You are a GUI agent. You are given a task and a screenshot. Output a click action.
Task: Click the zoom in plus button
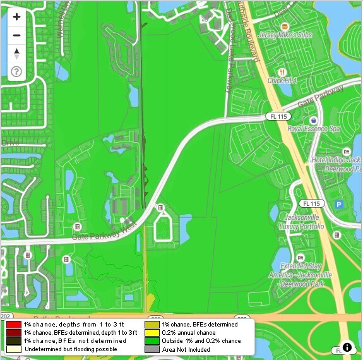click(x=16, y=17)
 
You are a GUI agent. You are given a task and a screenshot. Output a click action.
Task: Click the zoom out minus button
click(x=16, y=35)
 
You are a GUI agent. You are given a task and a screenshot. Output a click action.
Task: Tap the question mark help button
click(x=16, y=71)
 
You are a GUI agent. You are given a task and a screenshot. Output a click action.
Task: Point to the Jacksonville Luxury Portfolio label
click(x=301, y=221)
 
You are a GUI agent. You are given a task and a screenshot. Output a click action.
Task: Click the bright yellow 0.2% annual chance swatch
click(x=152, y=332)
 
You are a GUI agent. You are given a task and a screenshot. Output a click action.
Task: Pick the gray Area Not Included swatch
click(x=152, y=349)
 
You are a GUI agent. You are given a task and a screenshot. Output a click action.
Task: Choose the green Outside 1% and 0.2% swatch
click(x=152, y=340)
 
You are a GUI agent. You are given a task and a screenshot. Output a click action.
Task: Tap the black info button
click(x=347, y=347)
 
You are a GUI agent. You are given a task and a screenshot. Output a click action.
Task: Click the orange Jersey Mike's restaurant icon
click(x=285, y=26)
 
